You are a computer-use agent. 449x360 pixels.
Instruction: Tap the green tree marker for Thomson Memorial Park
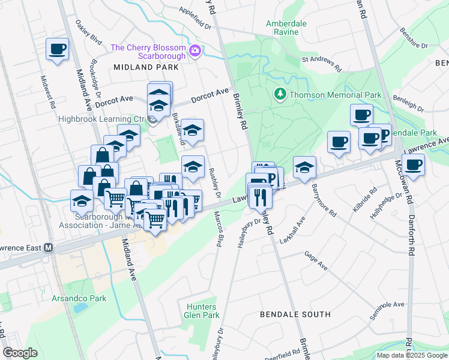[280, 94]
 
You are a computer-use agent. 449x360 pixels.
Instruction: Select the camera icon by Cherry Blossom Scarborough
[194, 51]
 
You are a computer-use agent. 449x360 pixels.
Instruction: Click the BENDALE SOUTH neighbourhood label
[295, 314]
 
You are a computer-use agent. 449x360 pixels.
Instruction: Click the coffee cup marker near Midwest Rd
[58, 49]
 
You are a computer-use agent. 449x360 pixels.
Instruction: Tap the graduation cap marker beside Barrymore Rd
[305, 167]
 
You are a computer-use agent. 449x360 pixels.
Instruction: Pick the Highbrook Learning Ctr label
[102, 119]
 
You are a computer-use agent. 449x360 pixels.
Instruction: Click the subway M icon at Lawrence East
[47, 247]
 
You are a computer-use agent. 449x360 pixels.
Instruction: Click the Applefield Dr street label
[196, 19]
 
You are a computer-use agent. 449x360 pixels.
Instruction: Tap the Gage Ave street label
[316, 260]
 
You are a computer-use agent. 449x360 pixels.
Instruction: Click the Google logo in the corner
[20, 353]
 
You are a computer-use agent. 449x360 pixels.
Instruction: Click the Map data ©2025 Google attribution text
[411, 355]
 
